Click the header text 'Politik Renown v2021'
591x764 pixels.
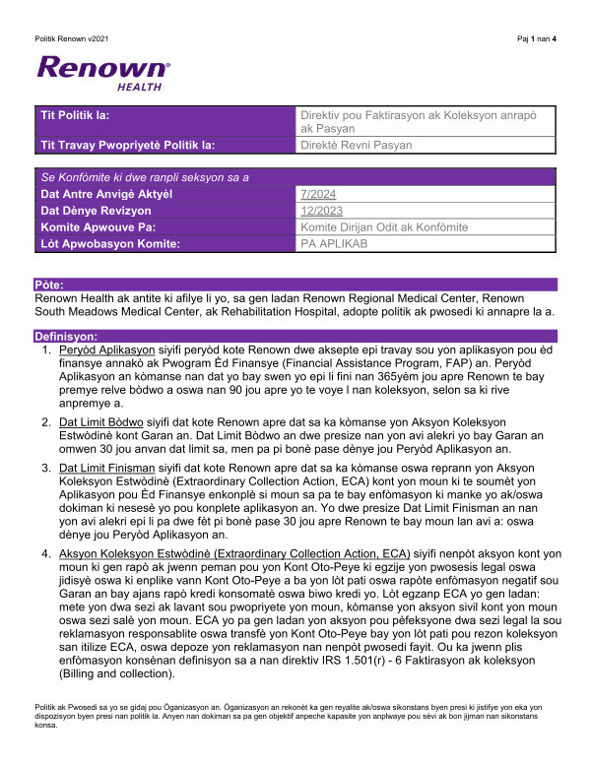click(x=70, y=38)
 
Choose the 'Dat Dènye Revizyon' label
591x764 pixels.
click(x=96, y=211)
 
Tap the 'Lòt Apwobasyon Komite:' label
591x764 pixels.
click(x=110, y=243)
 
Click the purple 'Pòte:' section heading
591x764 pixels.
click(x=50, y=284)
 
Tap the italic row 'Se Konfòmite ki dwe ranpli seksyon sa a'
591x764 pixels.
click(x=145, y=177)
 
